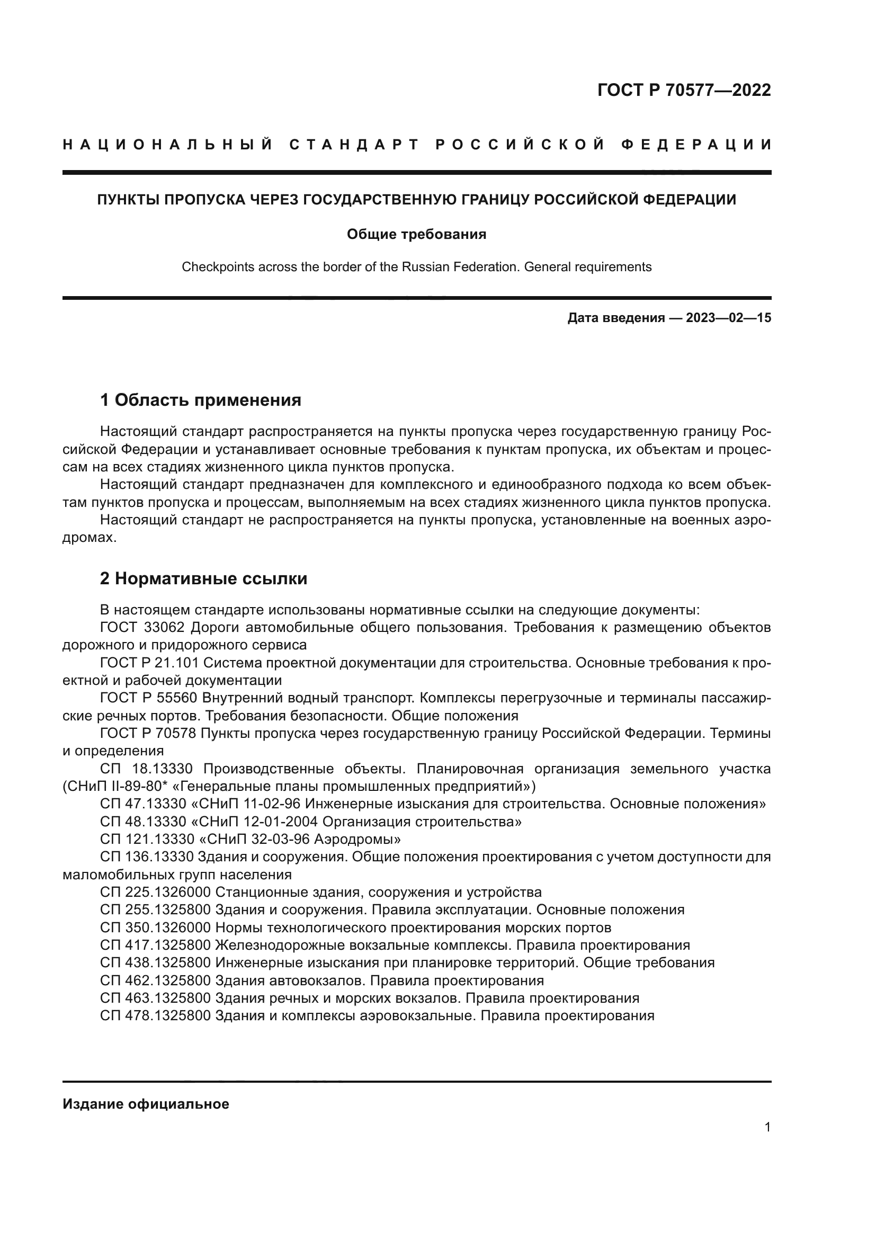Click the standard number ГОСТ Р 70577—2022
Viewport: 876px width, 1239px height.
tap(683, 90)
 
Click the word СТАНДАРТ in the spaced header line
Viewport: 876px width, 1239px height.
tap(354, 145)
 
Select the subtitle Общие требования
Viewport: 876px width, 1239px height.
tap(416, 234)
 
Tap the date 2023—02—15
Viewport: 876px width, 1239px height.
tap(728, 318)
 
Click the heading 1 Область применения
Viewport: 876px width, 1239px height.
tap(200, 400)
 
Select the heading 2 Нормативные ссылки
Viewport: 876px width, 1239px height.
tap(203, 579)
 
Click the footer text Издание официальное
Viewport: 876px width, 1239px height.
tap(146, 1104)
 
